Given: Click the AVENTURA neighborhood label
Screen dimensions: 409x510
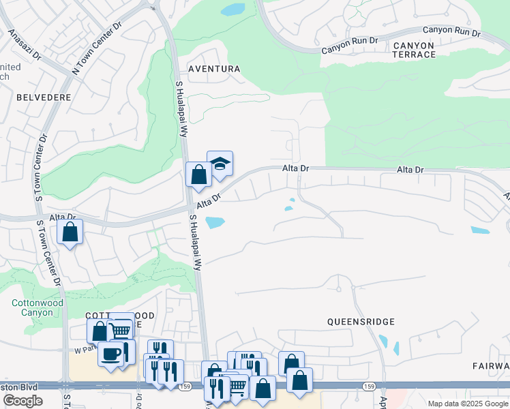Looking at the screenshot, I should click(x=214, y=69).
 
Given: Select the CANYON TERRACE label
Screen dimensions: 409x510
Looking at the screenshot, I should click(x=413, y=50).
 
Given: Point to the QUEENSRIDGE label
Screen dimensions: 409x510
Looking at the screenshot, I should click(x=361, y=321).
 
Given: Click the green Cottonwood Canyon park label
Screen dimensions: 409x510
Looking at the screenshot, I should click(x=37, y=307).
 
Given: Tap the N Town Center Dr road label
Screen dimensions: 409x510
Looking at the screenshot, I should click(x=96, y=47).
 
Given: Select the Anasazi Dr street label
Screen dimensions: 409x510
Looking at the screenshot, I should click(x=24, y=45).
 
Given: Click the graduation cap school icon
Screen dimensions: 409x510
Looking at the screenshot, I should click(x=220, y=164).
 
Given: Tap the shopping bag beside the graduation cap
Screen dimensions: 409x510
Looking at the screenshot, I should click(x=198, y=175).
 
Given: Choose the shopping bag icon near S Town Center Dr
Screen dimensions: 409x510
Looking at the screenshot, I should click(x=70, y=232).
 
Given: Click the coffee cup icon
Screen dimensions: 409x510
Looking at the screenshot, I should click(x=110, y=354).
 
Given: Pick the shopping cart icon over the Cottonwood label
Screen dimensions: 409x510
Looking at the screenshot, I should click(x=121, y=330).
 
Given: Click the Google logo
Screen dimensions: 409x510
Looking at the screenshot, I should click(x=22, y=401).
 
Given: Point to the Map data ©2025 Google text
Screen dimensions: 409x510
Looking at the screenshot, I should click(x=468, y=404).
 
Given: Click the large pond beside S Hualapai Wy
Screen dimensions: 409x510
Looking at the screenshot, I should click(x=215, y=222).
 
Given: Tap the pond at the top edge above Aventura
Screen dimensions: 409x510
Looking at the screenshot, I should click(x=232, y=10).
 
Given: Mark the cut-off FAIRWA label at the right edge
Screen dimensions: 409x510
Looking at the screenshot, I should click(x=491, y=366).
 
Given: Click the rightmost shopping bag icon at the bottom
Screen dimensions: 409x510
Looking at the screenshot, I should click(x=299, y=380).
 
